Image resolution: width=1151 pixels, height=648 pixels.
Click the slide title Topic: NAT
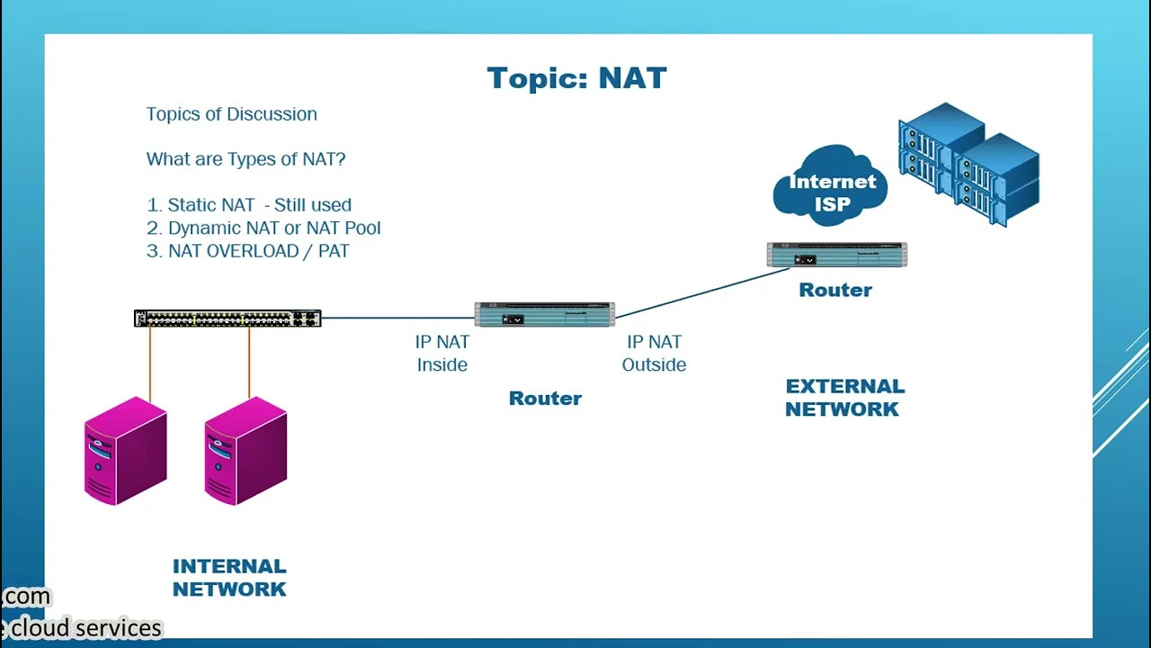(x=576, y=78)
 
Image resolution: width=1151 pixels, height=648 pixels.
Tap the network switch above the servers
(x=228, y=319)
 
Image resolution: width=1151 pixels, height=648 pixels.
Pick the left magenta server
(x=126, y=451)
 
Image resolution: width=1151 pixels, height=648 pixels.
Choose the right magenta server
(x=245, y=451)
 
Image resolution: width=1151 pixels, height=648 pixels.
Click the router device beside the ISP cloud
(x=836, y=256)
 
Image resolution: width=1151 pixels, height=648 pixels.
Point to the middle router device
(x=544, y=315)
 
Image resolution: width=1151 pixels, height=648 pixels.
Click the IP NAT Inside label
(x=442, y=353)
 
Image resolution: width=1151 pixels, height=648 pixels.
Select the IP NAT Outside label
(x=654, y=353)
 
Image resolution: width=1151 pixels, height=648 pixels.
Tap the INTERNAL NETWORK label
(x=229, y=577)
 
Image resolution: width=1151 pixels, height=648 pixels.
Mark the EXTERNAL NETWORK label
(x=843, y=397)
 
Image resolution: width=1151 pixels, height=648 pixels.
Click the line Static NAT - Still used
(x=249, y=205)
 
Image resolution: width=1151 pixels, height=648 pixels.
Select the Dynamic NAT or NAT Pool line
(x=263, y=229)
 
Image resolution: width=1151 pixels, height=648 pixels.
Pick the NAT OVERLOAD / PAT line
(x=248, y=252)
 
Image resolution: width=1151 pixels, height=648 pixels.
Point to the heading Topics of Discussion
(x=231, y=114)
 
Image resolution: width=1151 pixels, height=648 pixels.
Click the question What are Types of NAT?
(x=245, y=159)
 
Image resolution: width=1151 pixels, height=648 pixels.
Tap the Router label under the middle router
(x=545, y=398)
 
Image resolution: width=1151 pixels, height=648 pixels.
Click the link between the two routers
(x=701, y=292)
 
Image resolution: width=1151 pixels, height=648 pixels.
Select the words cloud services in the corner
(x=85, y=627)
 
